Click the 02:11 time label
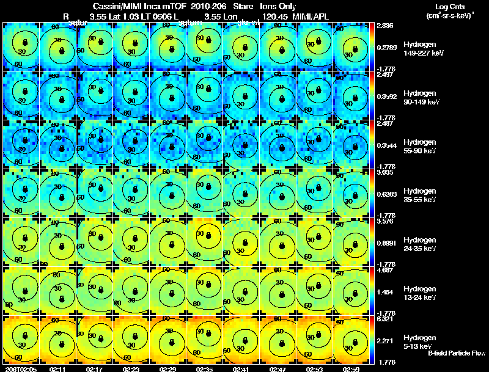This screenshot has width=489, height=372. [x=57, y=369]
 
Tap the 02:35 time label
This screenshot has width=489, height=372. [x=204, y=369]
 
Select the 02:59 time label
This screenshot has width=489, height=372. [x=351, y=369]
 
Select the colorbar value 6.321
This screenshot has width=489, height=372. [x=384, y=319]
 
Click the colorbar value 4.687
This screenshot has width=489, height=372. [x=384, y=270]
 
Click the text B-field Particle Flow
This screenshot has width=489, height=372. [x=457, y=353]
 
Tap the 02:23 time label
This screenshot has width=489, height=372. [x=131, y=369]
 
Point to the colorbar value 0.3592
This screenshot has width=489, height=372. [x=386, y=97]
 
